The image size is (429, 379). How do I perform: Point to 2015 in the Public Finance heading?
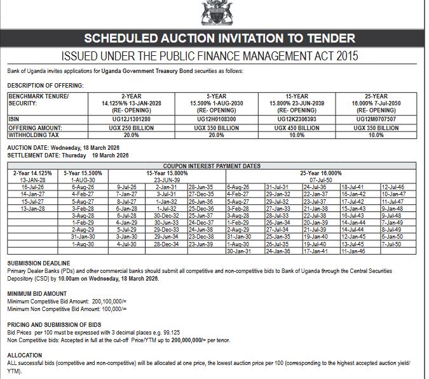(342, 56)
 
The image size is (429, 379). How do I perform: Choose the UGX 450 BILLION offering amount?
(297, 128)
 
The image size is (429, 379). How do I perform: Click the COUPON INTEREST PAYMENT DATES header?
(212, 166)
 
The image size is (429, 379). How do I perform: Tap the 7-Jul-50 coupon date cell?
(392, 244)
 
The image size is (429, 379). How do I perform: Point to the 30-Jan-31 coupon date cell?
(238, 251)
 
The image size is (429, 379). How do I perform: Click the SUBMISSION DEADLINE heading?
(38, 263)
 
